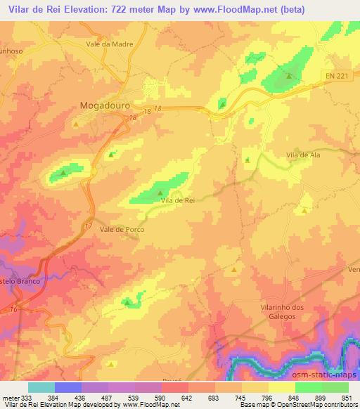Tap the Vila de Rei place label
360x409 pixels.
(177, 201)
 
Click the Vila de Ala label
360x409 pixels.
(304, 154)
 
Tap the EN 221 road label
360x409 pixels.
(341, 75)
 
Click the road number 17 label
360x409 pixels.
(87, 226)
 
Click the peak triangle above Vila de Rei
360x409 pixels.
(161, 192)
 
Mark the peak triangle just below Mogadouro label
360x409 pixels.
(76, 124)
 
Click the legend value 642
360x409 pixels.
(187, 397)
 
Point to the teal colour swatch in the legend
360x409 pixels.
(41, 387)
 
